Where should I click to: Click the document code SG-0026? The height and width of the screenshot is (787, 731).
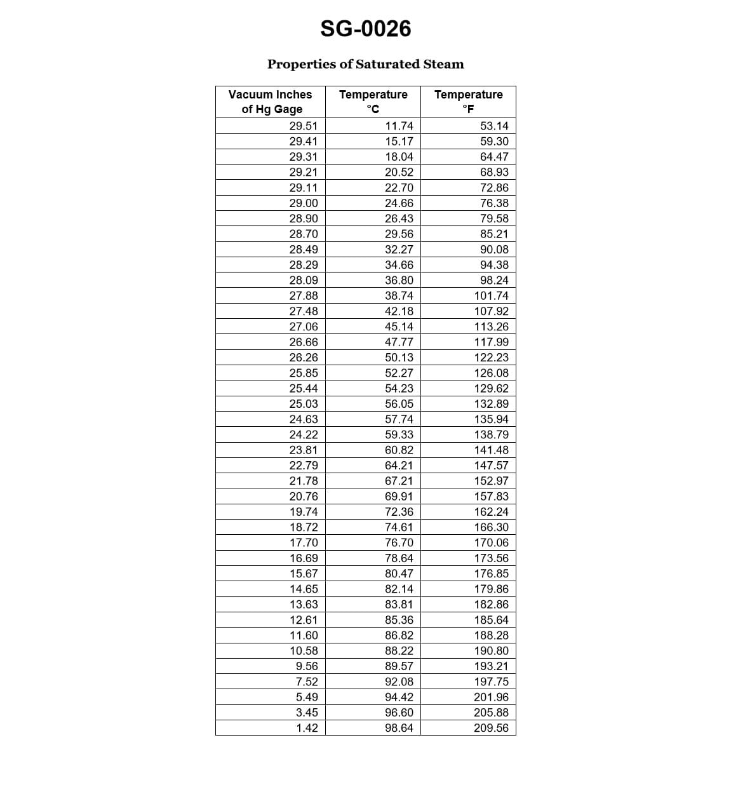[365, 29]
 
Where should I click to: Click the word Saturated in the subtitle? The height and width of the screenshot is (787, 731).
[387, 64]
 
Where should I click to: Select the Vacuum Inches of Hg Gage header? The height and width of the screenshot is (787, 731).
[271, 102]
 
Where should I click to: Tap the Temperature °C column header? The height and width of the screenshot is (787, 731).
[373, 102]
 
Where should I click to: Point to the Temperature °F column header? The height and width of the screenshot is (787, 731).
[468, 102]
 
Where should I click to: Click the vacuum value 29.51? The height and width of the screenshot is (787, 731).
[304, 126]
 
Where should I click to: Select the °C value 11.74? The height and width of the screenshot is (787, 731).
[399, 126]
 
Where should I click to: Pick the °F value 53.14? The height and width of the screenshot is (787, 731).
[494, 126]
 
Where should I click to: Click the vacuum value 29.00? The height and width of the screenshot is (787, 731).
[304, 203]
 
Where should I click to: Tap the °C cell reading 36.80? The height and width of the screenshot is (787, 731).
[399, 280]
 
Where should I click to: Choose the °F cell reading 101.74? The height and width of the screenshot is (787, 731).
[492, 295]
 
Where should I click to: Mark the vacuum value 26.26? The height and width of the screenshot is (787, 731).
[304, 358]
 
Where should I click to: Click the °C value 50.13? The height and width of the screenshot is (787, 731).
[399, 358]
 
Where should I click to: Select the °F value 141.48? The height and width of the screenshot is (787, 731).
[492, 450]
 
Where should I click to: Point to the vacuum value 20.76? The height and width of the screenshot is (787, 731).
[304, 496]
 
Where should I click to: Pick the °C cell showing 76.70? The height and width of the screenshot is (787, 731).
[399, 542]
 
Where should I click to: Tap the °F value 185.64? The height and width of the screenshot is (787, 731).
[492, 620]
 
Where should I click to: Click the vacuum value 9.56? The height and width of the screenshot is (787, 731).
[307, 666]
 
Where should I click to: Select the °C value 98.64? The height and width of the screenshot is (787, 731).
[399, 728]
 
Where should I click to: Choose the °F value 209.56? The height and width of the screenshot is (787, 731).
[492, 728]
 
